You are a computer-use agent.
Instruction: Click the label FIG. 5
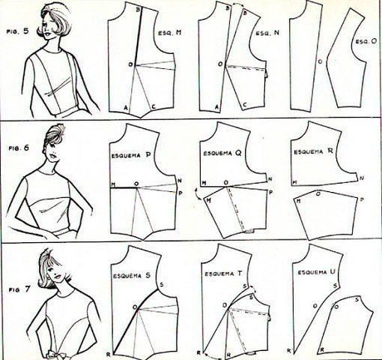[x=17, y=32]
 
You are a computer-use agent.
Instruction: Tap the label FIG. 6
[x=19, y=148]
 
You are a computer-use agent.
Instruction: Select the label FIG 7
[x=19, y=289]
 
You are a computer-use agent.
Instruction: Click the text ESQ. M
[x=170, y=33]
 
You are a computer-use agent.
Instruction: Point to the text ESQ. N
[x=267, y=33]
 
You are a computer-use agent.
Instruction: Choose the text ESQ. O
[x=366, y=41]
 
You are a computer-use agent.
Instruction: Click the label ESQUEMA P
[x=130, y=155]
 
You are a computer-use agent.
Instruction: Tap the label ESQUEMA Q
[x=222, y=153]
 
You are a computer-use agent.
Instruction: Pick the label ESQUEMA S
[x=132, y=276]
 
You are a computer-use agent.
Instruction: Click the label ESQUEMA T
[x=223, y=274]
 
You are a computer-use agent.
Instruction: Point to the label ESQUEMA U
[x=316, y=272]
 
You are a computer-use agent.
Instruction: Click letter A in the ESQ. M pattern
[x=126, y=107]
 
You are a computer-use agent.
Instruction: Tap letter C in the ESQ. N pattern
[x=245, y=105]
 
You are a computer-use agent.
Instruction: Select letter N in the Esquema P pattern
[x=180, y=181]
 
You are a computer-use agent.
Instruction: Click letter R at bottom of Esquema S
[x=108, y=354]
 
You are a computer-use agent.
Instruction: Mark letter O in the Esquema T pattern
[x=225, y=305]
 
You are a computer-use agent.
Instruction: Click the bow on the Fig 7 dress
[x=53, y=355]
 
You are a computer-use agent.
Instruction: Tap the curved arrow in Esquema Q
[x=198, y=195]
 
